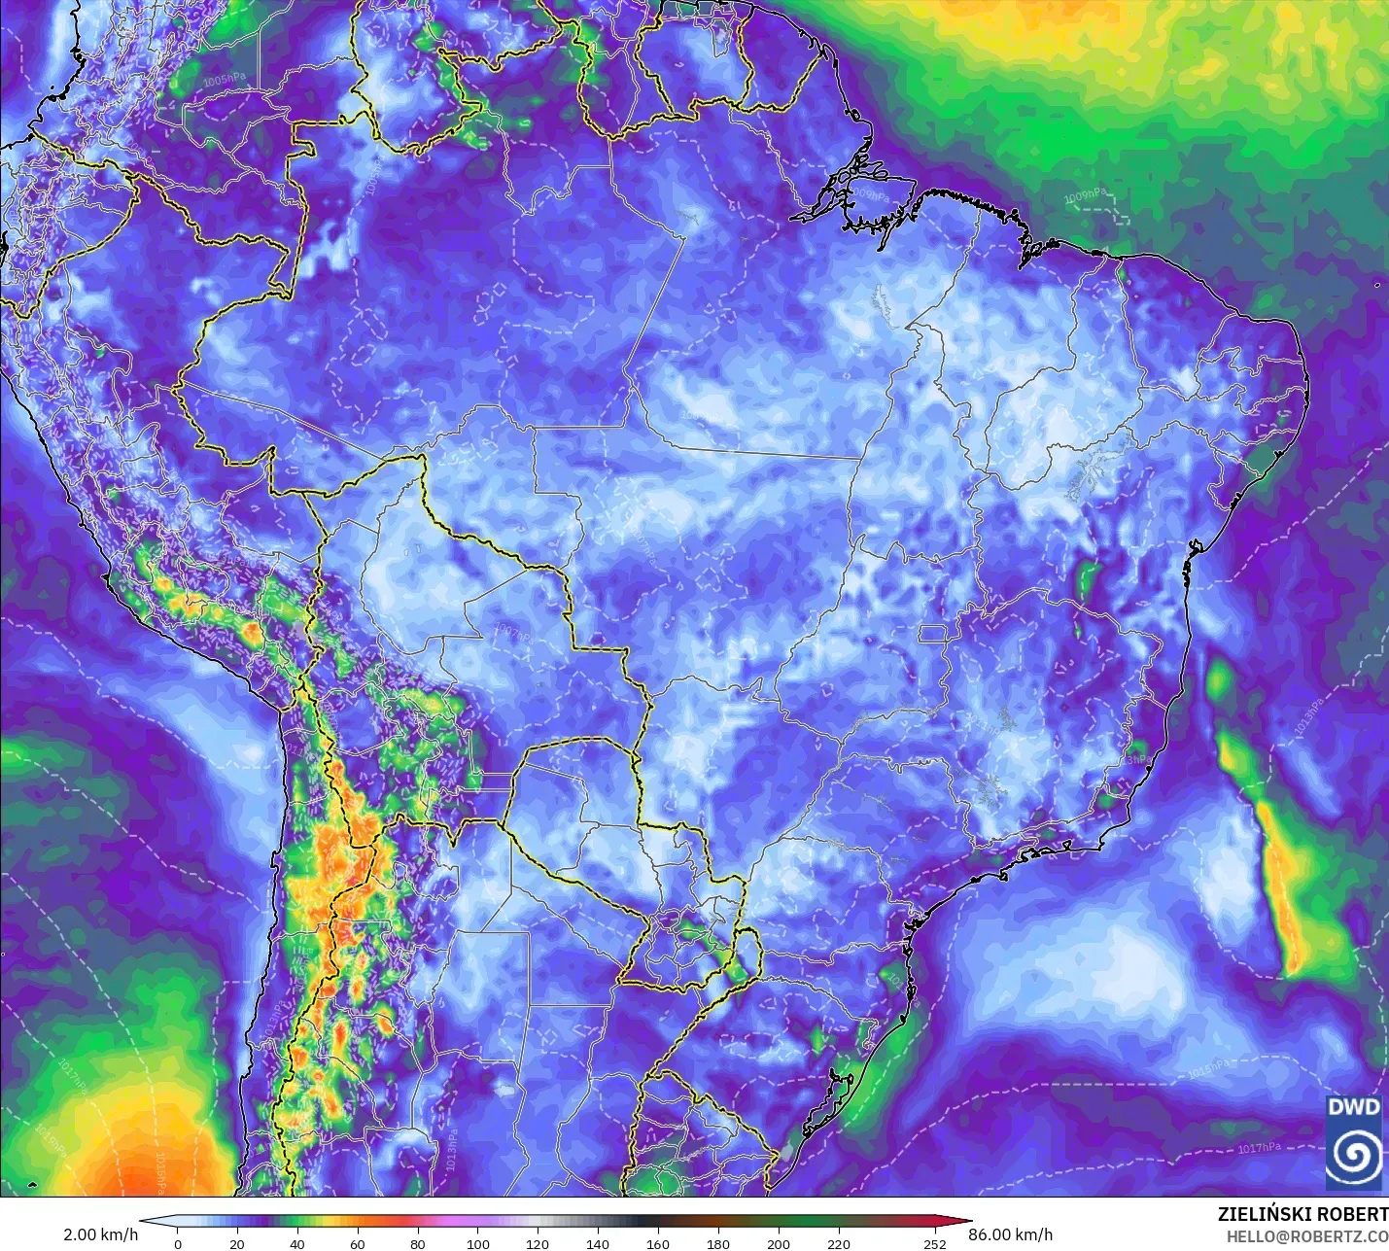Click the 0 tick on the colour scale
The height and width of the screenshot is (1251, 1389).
click(177, 1243)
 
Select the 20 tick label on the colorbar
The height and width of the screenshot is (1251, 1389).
click(237, 1243)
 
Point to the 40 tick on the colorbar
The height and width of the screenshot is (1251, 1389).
click(296, 1243)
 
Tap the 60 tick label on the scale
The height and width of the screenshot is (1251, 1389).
click(358, 1243)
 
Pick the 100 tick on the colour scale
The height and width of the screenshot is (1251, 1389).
click(477, 1243)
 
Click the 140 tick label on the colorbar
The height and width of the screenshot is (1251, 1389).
click(598, 1243)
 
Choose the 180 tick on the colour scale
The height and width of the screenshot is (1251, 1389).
click(718, 1243)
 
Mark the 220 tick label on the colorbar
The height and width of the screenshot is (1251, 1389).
click(839, 1243)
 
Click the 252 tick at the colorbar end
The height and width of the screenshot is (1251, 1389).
click(935, 1243)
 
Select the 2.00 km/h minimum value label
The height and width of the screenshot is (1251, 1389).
click(100, 1234)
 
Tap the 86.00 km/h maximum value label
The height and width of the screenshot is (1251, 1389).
click(1010, 1234)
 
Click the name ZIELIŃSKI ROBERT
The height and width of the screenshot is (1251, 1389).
click(1302, 1214)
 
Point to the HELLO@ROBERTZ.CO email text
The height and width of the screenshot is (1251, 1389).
click(1306, 1236)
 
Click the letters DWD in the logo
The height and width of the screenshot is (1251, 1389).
click(1354, 1107)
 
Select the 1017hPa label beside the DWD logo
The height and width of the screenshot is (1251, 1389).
click(1259, 1148)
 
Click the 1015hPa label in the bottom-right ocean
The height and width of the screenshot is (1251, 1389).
click(1208, 1070)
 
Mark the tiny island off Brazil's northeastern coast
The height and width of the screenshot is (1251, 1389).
click(1377, 285)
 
